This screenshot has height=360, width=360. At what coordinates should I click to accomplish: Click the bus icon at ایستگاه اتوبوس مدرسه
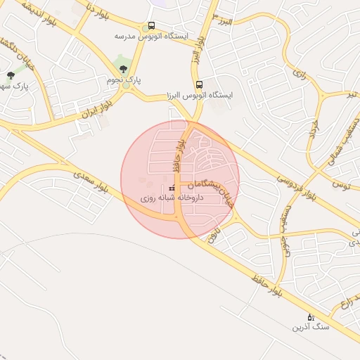coord(152,25)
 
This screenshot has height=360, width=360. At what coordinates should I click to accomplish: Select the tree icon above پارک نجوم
coord(124,69)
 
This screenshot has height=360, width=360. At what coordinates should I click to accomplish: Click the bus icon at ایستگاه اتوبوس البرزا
coord(199,84)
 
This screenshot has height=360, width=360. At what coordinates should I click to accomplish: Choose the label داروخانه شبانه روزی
coord(172,199)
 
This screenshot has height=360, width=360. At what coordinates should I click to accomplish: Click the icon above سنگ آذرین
coord(311,316)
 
